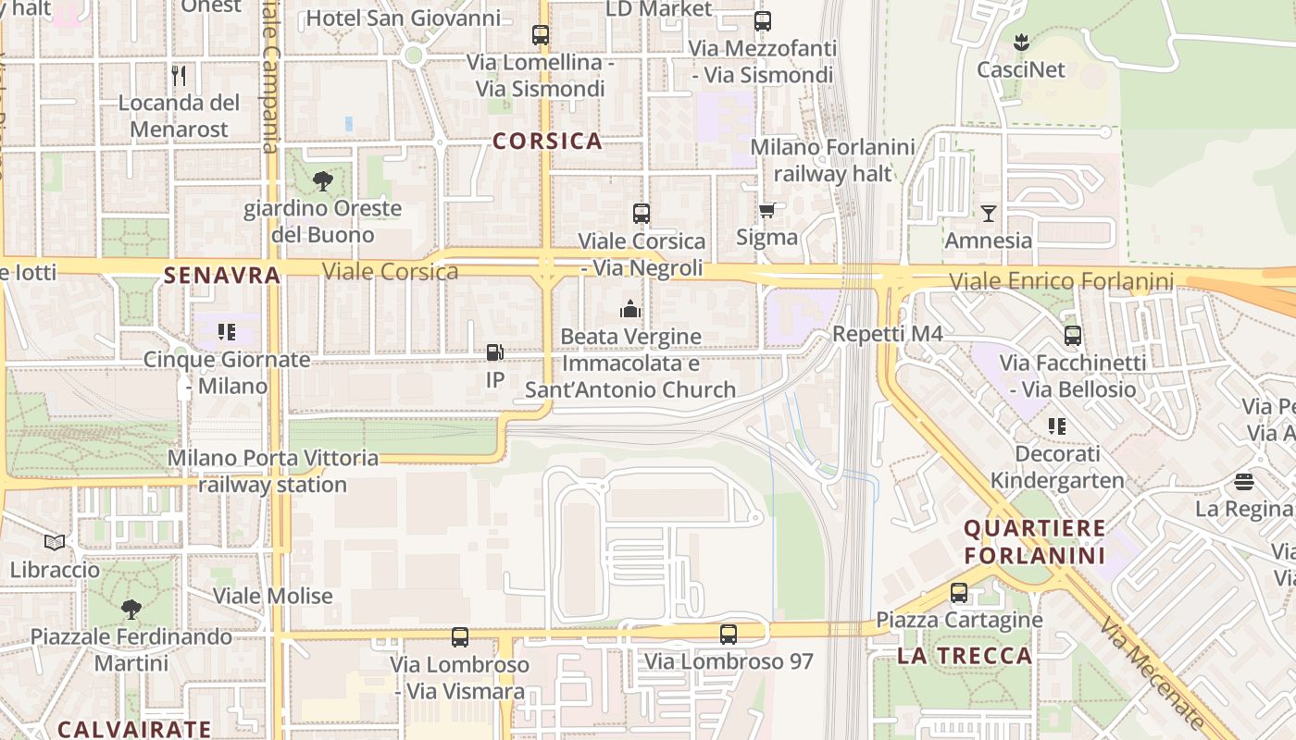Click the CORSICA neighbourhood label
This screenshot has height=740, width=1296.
coord(547,142)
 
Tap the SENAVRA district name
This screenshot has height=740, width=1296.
coord(221,275)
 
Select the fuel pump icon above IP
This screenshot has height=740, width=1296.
coord(494,352)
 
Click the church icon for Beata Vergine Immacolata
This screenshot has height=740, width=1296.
coord(630,309)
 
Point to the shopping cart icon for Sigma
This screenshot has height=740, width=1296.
coord(766,211)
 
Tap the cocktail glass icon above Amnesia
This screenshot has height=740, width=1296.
coord(989,214)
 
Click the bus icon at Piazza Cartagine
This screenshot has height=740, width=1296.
coord(959,593)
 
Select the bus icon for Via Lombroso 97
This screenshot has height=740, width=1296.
coord(729,635)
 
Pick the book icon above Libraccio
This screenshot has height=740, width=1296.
coord(55,542)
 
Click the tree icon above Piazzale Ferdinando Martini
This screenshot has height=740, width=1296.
coord(131,609)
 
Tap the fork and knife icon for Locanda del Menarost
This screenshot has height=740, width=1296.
coord(179,75)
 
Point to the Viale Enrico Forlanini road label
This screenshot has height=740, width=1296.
coord(1061,281)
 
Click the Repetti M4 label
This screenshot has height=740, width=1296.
coord(887,334)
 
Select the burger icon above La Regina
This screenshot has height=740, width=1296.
coord(1244,482)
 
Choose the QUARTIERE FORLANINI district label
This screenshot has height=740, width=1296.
coord(1034,542)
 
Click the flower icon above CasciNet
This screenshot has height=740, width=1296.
coord(1021,42)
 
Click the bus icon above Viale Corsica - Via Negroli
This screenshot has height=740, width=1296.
coord(641,214)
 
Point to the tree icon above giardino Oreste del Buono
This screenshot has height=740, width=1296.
coord(322,180)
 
